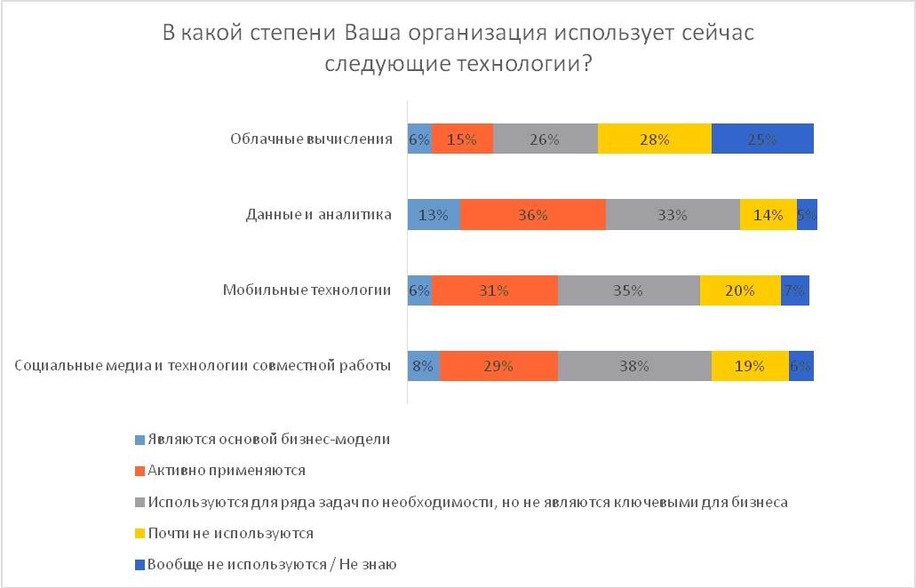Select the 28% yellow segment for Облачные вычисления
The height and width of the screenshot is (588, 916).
coord(655,139)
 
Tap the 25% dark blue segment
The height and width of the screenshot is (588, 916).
coord(762,139)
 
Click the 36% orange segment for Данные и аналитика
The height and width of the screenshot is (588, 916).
coord(533,214)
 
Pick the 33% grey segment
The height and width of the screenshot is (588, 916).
coord(673,214)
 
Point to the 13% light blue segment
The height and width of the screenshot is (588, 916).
coord(434,214)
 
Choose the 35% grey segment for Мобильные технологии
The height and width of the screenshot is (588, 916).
coord(628,290)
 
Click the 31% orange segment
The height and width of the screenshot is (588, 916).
coord(495,290)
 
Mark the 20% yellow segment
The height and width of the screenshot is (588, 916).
coord(740,290)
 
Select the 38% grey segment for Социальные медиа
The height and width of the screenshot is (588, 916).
coord(634,364)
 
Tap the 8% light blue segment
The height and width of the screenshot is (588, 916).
coord(423,364)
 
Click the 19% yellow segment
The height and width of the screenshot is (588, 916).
coord(750,364)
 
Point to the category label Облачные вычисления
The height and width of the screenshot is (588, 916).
coord(311,139)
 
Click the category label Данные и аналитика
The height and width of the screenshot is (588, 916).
coord(318,214)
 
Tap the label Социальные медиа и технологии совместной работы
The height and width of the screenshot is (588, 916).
coord(204,365)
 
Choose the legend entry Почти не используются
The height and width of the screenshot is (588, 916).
coord(231,533)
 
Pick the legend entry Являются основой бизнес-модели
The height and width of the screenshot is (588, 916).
coord(269,439)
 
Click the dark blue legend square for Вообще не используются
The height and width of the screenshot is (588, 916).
coord(139,564)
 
